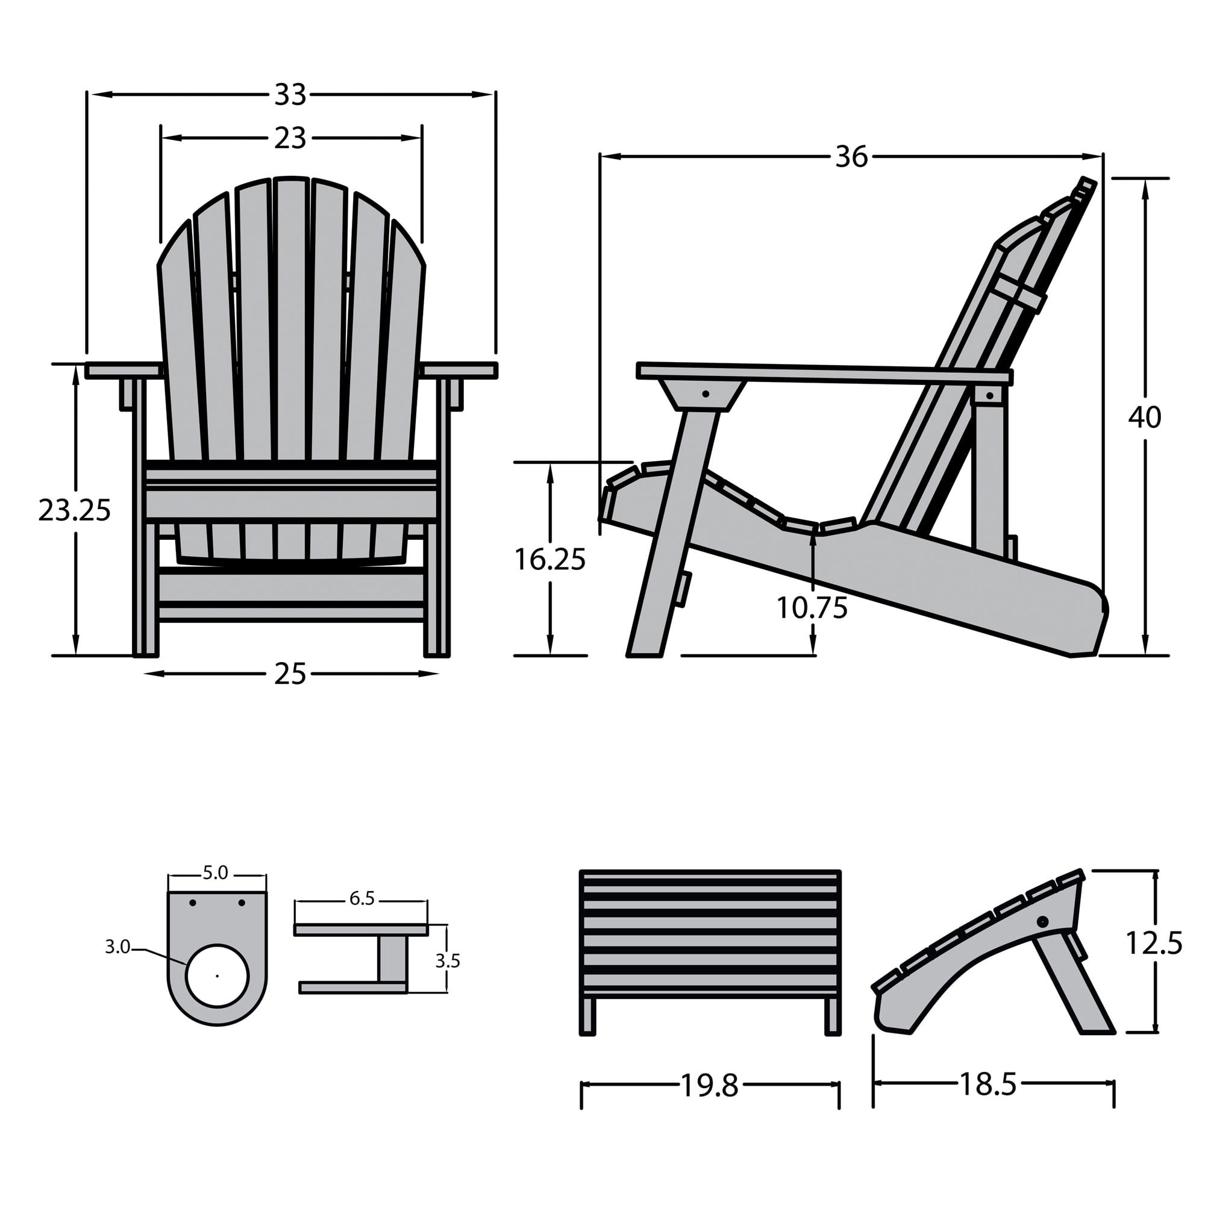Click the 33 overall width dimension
(x=290, y=95)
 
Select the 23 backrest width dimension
(x=290, y=138)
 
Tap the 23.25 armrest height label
(x=74, y=511)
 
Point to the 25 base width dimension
(x=290, y=674)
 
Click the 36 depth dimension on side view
(x=851, y=157)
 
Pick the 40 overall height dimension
(x=1145, y=418)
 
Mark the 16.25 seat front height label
(x=549, y=560)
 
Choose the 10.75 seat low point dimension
(x=812, y=607)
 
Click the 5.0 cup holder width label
(x=215, y=873)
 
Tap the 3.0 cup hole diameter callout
(x=117, y=947)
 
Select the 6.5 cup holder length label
(x=361, y=899)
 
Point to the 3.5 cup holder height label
(x=447, y=961)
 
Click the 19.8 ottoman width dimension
(x=710, y=1086)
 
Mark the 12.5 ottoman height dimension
(x=1153, y=943)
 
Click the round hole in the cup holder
(x=217, y=975)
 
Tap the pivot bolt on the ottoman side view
(x=1042, y=921)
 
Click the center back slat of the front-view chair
(x=291, y=324)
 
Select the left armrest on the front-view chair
(x=122, y=370)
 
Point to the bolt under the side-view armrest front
(x=706, y=393)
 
